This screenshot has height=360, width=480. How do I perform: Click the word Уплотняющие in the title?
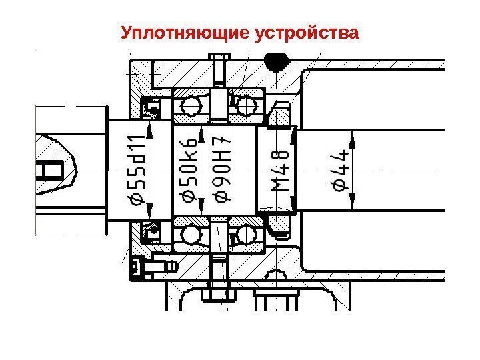(185, 32)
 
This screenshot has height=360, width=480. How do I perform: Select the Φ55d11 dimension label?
(137, 171)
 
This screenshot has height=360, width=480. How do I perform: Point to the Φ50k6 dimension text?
(190, 171)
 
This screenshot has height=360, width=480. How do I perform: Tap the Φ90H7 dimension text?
(222, 171)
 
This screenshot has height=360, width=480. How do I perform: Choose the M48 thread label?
(282, 171)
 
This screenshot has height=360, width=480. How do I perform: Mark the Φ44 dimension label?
(339, 171)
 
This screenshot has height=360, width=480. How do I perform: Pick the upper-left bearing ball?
(193, 105)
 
